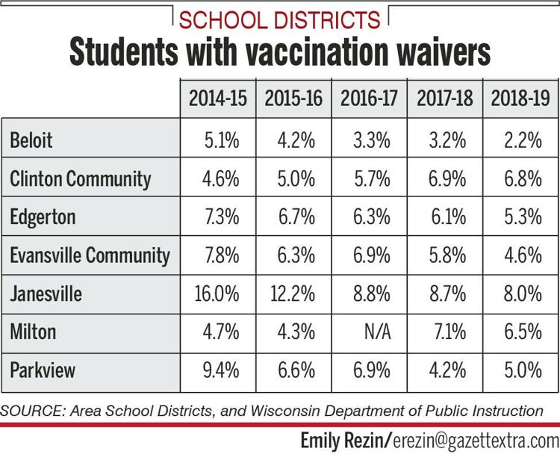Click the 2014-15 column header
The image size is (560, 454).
tap(218, 98)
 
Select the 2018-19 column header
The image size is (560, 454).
tap(520, 98)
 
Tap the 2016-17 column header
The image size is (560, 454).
tap(369, 98)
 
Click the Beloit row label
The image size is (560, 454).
tap(31, 140)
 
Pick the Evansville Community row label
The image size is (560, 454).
tap(90, 256)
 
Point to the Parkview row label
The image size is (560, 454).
tap(43, 370)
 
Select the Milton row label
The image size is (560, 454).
tap(33, 332)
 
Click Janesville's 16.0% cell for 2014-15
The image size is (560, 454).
tap(217, 293)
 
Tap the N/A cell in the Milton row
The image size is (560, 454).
tap(378, 332)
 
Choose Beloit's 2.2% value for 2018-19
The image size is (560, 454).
tap(523, 140)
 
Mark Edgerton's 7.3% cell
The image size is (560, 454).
tap(222, 217)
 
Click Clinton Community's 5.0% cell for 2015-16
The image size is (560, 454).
tap(296, 178)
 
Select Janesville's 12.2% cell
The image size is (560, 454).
tap(293, 293)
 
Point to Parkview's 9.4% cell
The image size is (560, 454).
tap(221, 370)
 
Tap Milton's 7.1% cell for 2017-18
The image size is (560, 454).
tap(450, 332)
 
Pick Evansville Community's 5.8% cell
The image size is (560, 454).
tap(447, 255)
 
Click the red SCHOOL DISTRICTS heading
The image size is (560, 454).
tap(280, 19)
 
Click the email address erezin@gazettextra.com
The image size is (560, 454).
tap(476, 441)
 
